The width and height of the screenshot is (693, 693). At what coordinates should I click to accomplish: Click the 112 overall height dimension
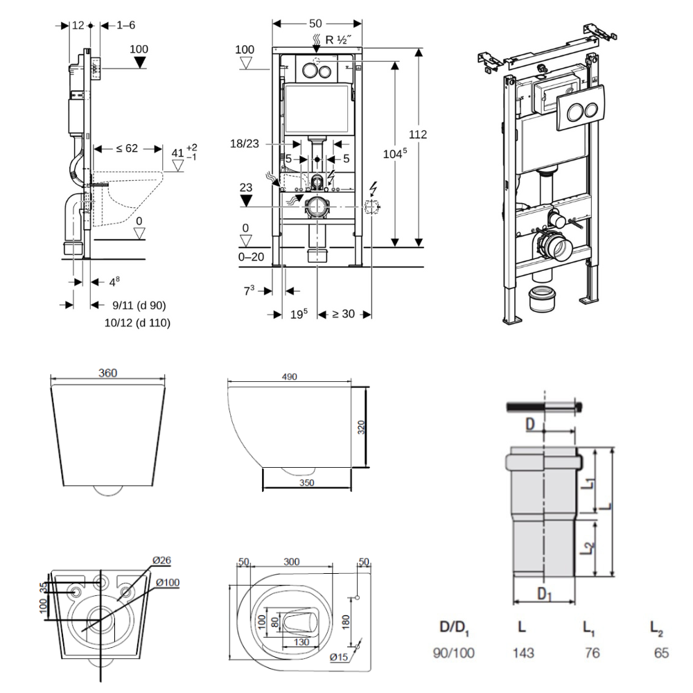point(418,134)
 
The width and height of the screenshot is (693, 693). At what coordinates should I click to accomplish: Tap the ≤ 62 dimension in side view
point(127,148)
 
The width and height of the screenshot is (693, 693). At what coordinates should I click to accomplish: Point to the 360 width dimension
point(107,373)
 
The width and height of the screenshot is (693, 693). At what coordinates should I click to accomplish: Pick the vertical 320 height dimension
point(361,428)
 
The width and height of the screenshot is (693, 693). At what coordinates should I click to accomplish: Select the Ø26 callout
point(161,560)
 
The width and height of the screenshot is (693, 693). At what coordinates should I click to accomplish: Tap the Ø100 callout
point(167,582)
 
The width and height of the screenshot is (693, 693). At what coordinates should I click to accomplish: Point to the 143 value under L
point(523,653)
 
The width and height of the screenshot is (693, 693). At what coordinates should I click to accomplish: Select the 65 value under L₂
point(662,653)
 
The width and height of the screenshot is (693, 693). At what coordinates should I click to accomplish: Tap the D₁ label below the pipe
point(545,594)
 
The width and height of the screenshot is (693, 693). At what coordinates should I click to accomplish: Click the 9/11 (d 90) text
point(139,305)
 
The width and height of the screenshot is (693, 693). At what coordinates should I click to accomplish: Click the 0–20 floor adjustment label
point(250,256)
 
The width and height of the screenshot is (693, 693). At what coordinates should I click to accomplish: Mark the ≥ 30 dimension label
point(343,314)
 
